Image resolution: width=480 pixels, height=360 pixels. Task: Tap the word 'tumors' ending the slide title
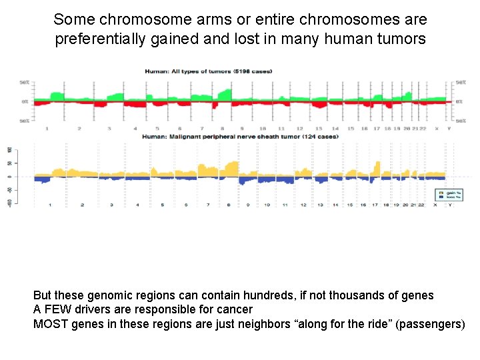point(401,39)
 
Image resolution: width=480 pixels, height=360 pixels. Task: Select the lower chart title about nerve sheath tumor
point(240,137)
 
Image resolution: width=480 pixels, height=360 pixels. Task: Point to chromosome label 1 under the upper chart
point(45,128)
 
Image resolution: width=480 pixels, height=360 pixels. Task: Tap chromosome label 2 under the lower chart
point(82,205)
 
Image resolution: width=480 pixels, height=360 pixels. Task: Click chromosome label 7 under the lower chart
point(208,205)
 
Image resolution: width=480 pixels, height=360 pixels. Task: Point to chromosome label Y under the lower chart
point(451,205)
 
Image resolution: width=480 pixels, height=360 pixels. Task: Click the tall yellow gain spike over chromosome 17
point(378,167)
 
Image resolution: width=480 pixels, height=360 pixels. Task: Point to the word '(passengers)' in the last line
point(432,324)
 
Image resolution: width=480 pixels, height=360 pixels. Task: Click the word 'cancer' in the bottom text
point(237,309)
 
